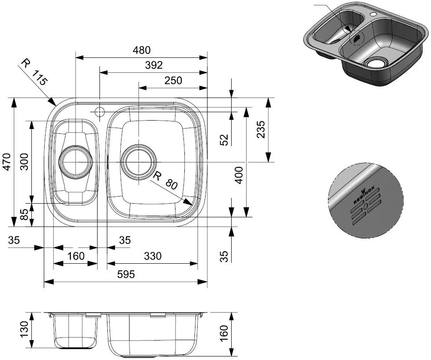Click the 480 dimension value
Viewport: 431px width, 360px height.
[141, 50]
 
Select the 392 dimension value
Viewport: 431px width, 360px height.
[154, 65]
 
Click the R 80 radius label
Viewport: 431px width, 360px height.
[165, 181]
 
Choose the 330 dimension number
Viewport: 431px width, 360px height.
[153, 256]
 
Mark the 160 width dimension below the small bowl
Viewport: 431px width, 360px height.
[76, 256]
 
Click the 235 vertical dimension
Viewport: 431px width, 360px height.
[261, 129]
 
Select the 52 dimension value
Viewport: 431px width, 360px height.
[225, 140]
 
